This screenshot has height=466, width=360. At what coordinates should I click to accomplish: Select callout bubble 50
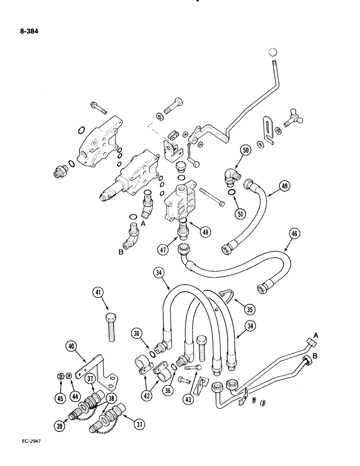tap(246, 151)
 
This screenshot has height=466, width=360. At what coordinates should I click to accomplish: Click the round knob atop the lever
tap(274, 52)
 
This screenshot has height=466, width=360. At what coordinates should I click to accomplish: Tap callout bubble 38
tap(111, 399)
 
